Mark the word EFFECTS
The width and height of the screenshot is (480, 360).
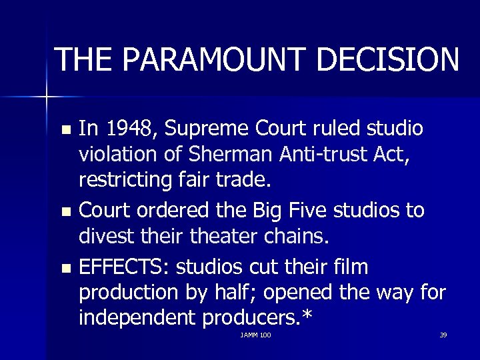[x=123, y=267]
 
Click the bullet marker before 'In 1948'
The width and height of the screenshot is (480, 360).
[x=64, y=128]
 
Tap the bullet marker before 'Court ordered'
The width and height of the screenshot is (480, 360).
[x=64, y=211]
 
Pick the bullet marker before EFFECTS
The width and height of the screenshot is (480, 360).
[x=64, y=268]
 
